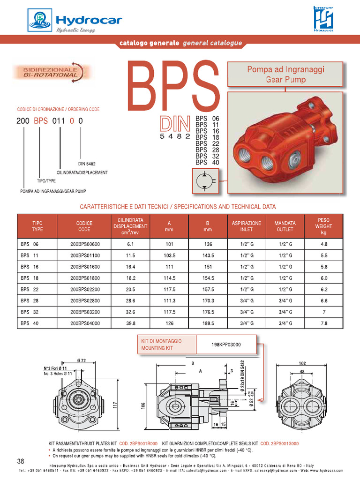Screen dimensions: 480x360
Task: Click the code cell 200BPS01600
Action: [x=85, y=266]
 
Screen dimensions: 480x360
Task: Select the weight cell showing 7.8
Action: [x=323, y=323]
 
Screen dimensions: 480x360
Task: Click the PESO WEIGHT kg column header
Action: [x=323, y=226]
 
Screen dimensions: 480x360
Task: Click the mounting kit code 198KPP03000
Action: [x=226, y=345]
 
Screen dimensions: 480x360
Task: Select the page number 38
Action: [x=21, y=460]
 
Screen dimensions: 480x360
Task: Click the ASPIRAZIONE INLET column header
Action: [x=246, y=226]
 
